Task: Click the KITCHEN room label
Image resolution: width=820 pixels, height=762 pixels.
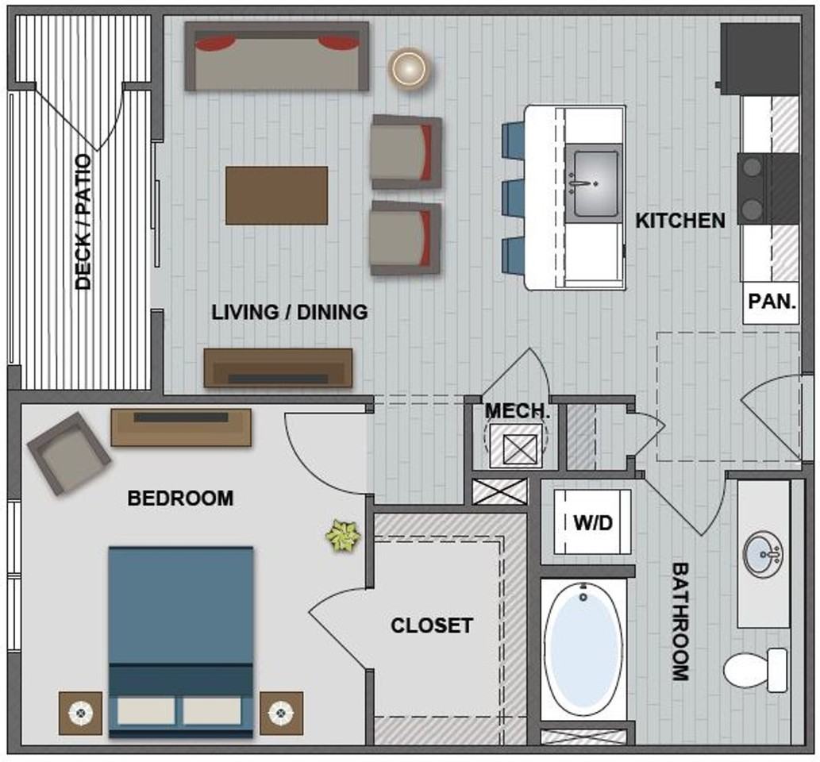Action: tap(679, 220)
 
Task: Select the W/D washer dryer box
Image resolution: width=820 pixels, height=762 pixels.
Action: tap(592, 522)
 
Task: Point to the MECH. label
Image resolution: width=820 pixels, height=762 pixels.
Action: tap(518, 410)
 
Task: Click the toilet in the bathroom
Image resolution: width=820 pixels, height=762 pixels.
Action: tap(755, 670)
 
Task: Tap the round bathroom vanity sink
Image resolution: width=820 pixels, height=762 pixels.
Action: tap(763, 554)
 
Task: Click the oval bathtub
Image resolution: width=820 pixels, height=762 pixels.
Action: tap(583, 649)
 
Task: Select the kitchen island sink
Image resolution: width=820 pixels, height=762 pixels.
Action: tap(595, 183)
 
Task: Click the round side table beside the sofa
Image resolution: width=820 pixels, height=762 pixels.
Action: tap(410, 68)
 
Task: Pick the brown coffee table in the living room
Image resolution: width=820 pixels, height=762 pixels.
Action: tap(277, 195)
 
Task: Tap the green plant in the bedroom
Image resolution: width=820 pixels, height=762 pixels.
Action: tap(343, 536)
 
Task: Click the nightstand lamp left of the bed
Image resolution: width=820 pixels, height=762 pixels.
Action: tap(80, 712)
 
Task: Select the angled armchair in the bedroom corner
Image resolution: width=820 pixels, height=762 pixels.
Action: tap(68, 453)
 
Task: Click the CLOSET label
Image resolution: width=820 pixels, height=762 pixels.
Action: tap(432, 625)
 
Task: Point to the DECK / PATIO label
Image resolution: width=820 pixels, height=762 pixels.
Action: tap(83, 221)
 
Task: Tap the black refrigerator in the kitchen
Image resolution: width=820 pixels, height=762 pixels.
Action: tap(760, 59)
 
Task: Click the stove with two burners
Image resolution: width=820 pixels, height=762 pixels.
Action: tap(768, 189)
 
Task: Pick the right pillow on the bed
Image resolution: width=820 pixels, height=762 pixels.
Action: tap(212, 711)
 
